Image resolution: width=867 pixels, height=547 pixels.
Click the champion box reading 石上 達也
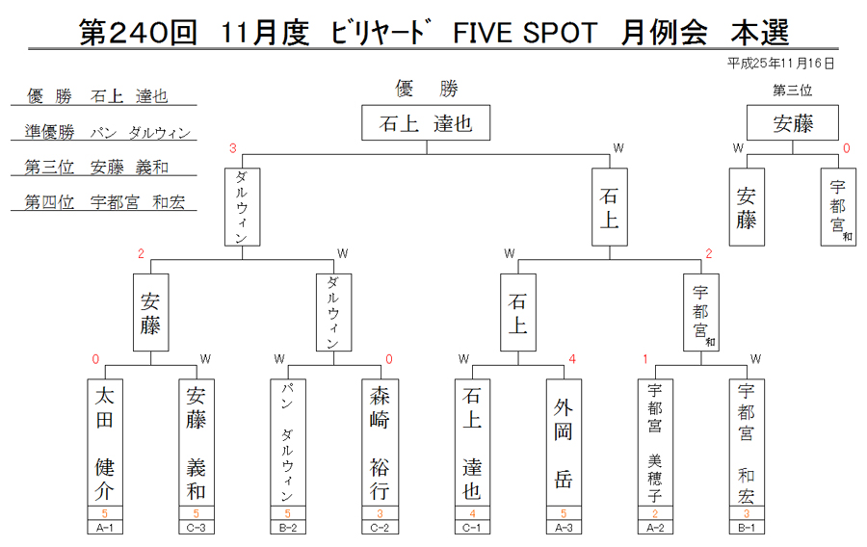(426, 122)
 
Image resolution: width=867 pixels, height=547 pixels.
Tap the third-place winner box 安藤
(793, 122)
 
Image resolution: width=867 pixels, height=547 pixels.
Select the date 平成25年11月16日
(780, 64)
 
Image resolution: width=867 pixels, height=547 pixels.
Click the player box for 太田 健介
(105, 442)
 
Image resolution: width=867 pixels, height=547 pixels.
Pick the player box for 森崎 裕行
(380, 442)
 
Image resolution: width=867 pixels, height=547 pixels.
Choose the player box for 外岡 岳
(564, 442)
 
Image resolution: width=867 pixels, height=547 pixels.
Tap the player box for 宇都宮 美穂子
(655, 442)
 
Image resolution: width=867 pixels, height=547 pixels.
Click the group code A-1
(105, 528)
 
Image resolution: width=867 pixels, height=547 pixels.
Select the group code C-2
(380, 528)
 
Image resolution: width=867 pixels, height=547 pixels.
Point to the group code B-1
(747, 528)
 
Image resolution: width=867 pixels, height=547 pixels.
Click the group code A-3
(564, 528)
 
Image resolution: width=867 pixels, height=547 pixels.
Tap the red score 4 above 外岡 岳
(572, 359)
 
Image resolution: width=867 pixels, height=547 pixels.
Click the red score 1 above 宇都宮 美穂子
(645, 359)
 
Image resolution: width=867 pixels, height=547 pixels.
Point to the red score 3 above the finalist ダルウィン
(233, 148)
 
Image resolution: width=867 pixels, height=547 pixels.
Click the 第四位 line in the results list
(104, 202)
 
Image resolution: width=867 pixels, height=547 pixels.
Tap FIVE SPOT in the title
(525, 33)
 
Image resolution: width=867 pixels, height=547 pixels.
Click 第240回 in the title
(138, 32)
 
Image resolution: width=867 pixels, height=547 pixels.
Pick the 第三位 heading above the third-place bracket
(793, 91)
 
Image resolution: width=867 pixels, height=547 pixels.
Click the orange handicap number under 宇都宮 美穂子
(655, 513)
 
